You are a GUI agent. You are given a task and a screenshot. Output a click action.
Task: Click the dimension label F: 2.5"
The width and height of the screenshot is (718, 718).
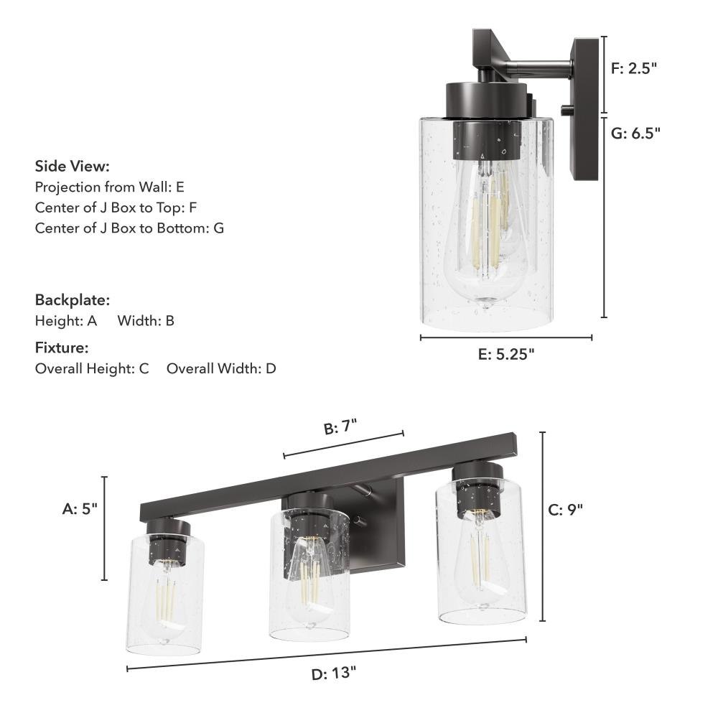[634, 68]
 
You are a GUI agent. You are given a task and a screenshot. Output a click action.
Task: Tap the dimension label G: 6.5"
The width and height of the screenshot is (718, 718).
[635, 134]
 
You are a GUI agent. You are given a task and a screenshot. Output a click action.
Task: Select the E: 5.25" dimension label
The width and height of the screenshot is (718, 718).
[506, 354]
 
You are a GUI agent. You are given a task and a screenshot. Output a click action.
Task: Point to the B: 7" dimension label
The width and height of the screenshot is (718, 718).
[340, 426]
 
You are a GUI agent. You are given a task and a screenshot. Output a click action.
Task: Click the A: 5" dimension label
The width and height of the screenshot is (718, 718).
[80, 508]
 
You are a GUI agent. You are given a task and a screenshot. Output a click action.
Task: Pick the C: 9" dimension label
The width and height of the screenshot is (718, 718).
[566, 510]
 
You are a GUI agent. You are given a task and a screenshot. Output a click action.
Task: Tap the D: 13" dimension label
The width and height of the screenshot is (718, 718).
[333, 673]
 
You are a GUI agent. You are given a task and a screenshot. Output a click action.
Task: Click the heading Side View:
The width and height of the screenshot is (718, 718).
[73, 166]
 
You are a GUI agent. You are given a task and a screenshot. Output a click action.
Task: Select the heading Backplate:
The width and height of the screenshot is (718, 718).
[73, 300]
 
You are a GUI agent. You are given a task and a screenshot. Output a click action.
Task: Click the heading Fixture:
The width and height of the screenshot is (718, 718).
[62, 348]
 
